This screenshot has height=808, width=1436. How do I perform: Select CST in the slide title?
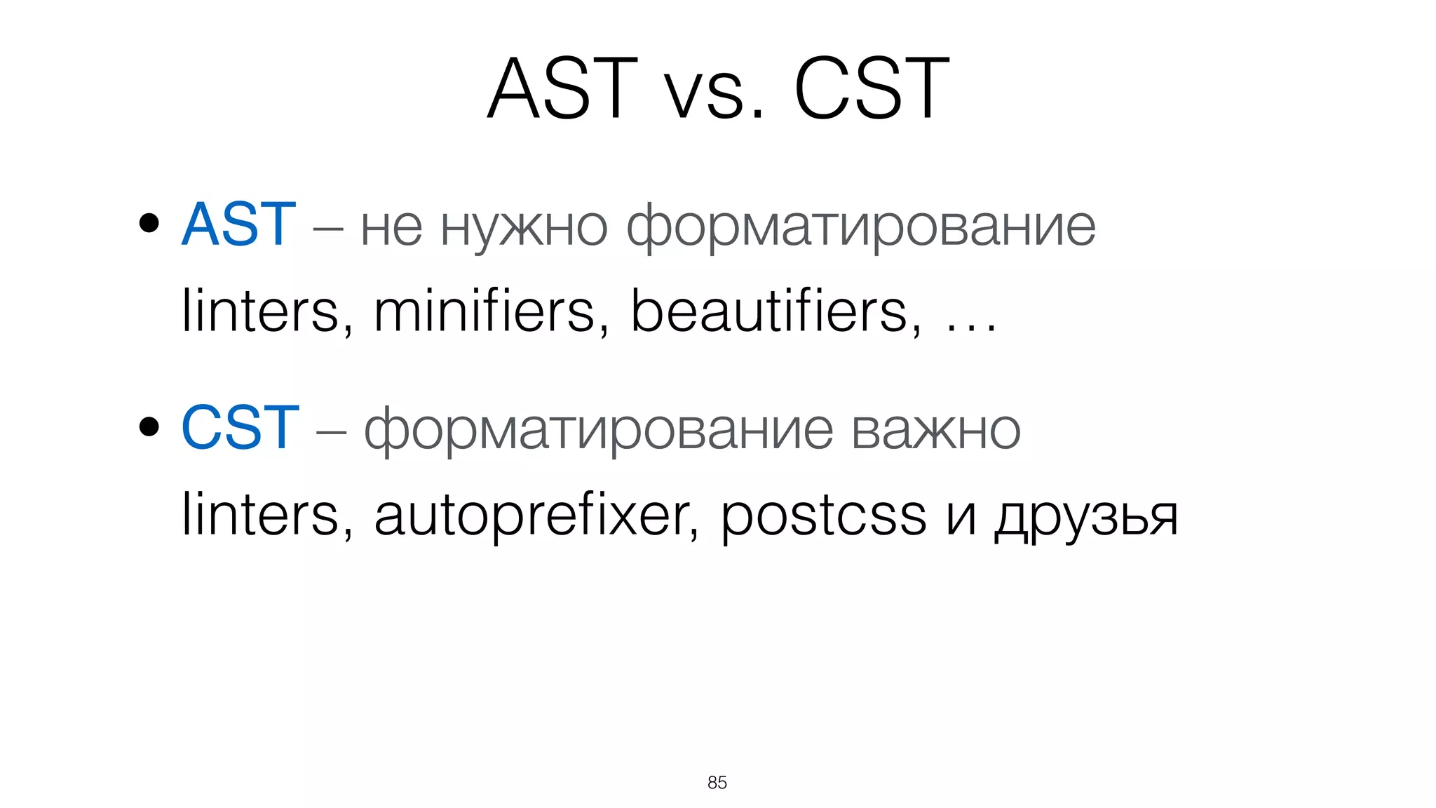tap(872, 89)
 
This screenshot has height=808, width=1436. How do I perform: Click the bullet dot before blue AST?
tap(149, 224)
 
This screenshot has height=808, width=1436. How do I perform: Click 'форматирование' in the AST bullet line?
tap(860, 229)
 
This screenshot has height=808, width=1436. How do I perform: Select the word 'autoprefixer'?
tap(536, 516)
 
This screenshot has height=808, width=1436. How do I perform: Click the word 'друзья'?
tap(1086, 518)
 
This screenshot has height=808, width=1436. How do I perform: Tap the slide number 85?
tap(717, 783)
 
